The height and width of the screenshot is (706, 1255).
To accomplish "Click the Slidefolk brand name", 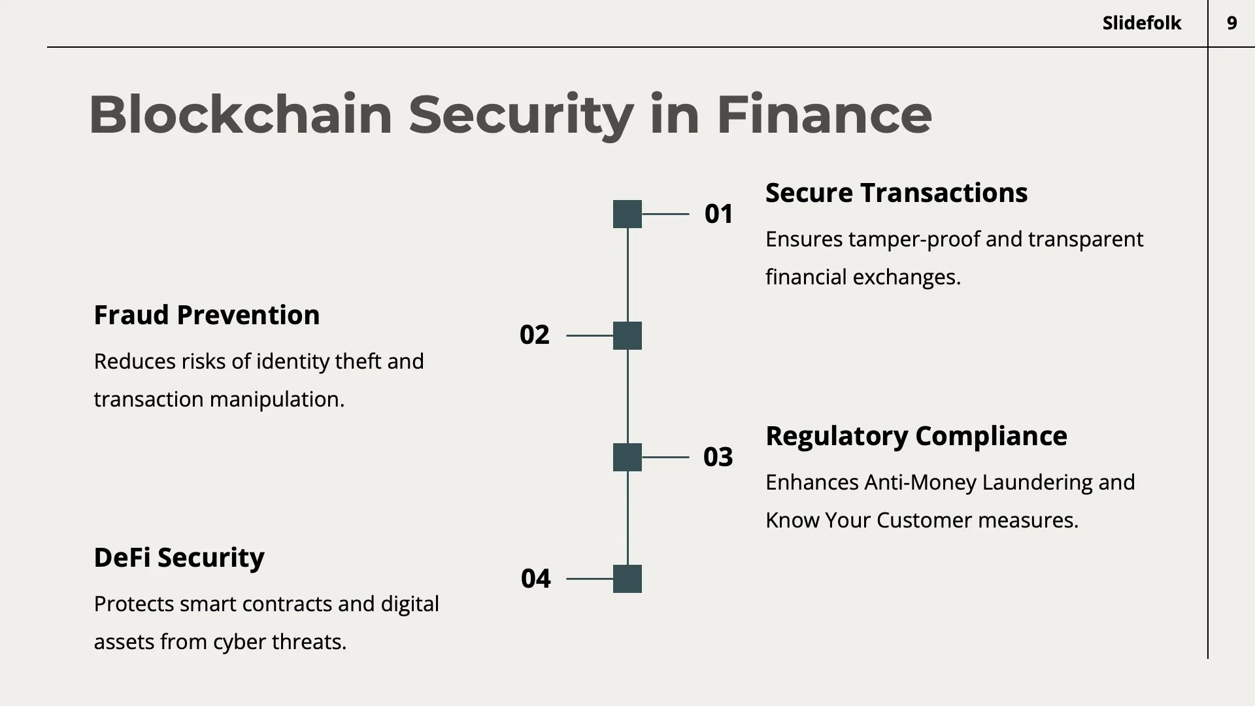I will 1141,24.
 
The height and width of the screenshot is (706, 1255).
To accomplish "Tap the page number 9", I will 1231,24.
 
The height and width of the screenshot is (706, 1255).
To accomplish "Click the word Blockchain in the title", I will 240,115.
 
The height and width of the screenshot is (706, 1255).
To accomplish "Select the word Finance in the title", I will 824,115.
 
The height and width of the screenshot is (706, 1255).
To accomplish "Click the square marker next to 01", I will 627,214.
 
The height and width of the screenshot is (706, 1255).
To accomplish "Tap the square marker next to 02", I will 627,335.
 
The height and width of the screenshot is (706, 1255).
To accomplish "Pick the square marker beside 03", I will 627,457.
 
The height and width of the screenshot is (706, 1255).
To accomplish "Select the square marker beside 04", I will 627,579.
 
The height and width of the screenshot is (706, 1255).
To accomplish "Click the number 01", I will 718,214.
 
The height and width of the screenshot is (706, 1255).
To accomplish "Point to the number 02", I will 534,335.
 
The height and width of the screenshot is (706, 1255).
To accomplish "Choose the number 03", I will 718,457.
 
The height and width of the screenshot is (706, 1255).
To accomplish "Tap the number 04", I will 535,579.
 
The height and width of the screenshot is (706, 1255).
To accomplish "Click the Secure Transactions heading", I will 896,193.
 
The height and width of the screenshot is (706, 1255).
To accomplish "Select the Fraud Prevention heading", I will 207,315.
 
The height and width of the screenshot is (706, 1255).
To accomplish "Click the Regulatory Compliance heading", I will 916,436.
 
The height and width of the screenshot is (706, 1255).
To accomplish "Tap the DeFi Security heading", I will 179,558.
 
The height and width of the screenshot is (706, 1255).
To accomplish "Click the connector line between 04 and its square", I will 589,579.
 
